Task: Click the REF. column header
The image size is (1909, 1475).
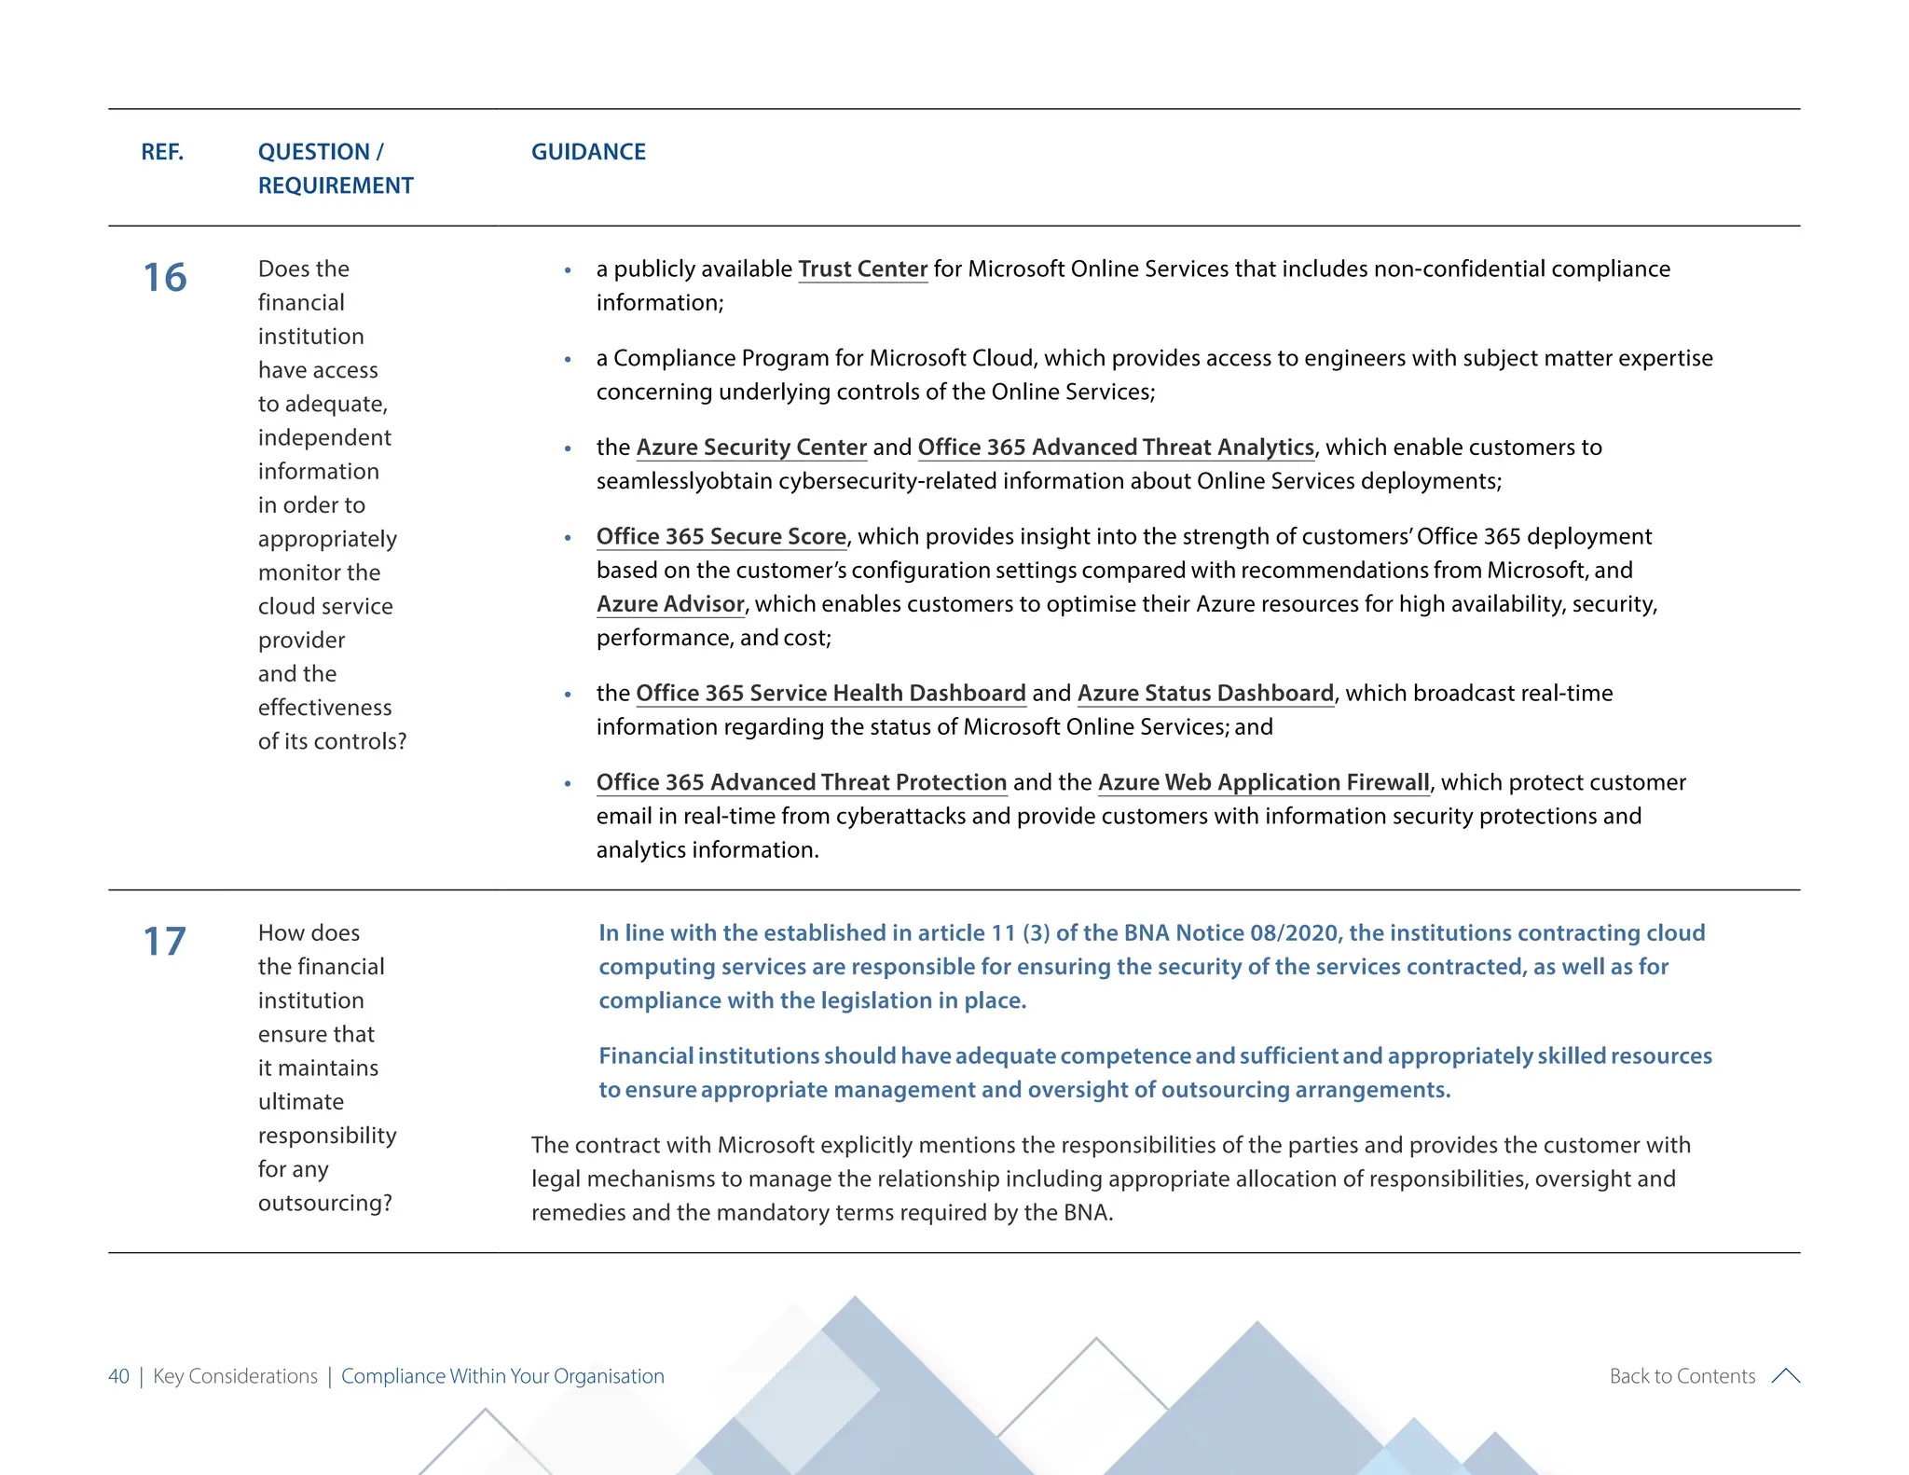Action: coord(162,152)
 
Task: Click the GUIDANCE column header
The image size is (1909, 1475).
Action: coord(588,152)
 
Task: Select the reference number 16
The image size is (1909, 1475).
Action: coord(165,278)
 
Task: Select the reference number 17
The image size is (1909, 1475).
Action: coord(165,942)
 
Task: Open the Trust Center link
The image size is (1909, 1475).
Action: coord(862,269)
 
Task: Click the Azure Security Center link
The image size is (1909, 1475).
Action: coord(751,448)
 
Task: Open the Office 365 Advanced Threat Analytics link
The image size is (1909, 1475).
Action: coord(1115,448)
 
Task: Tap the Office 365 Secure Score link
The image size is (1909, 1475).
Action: coord(721,537)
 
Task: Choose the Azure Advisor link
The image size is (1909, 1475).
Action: coord(670,604)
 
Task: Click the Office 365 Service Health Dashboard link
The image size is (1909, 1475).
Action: coord(831,694)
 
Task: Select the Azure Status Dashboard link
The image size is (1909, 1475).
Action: coord(1205,694)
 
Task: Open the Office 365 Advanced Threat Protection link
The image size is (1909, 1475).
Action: coord(802,783)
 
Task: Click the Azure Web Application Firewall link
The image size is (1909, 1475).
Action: coord(1263,783)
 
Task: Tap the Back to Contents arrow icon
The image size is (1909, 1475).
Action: coord(1785,1376)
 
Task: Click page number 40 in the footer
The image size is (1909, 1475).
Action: coord(118,1376)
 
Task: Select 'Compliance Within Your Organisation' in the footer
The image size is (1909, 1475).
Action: coord(502,1376)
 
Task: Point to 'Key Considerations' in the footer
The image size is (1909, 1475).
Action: coord(235,1376)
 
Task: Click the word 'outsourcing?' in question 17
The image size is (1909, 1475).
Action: coord(324,1204)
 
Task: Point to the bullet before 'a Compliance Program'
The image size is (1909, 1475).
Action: coord(568,360)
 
